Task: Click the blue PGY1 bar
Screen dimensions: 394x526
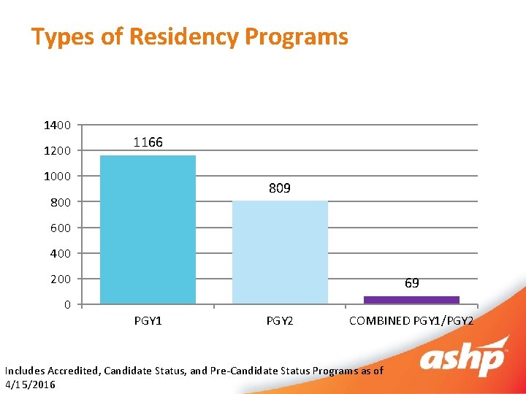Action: (x=148, y=229)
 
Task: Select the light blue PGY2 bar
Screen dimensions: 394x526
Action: (x=280, y=252)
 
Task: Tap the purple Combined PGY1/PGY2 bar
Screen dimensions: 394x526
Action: (x=411, y=299)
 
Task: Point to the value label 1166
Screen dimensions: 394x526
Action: (x=148, y=142)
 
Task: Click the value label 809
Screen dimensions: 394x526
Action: (x=279, y=188)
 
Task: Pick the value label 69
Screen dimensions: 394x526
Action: (x=411, y=283)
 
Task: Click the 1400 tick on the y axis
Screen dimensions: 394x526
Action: (x=57, y=125)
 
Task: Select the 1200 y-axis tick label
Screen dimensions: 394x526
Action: (x=57, y=151)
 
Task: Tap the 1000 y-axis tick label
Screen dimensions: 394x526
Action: (x=57, y=177)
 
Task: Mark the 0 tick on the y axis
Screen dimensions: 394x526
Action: (x=67, y=304)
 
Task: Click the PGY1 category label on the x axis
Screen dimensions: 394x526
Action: (x=148, y=320)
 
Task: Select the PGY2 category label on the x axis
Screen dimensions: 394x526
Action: (x=280, y=320)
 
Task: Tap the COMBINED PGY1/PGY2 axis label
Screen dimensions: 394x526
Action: (x=411, y=320)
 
